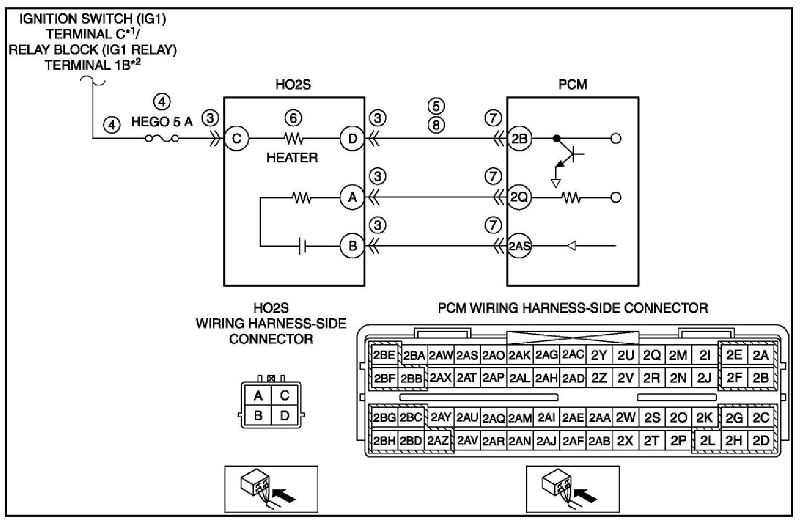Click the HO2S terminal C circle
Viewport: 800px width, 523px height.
pyautogui.click(x=236, y=138)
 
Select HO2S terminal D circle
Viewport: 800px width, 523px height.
pyautogui.click(x=352, y=138)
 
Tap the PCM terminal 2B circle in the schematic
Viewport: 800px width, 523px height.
pyautogui.click(x=520, y=138)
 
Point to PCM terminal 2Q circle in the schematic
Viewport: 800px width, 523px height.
pyautogui.click(x=520, y=197)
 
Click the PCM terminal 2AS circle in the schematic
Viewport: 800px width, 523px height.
pyautogui.click(x=520, y=246)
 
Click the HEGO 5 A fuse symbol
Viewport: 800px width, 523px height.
pyautogui.click(x=162, y=138)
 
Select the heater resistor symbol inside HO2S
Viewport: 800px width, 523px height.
pyautogui.click(x=294, y=138)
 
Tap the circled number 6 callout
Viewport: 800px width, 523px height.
pyautogui.click(x=293, y=118)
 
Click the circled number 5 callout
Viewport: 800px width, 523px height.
pyautogui.click(x=436, y=106)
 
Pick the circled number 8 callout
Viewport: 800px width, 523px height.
pyautogui.click(x=436, y=125)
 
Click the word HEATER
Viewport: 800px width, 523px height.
pyautogui.click(x=292, y=157)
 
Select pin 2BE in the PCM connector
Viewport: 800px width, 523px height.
pyautogui.click(x=384, y=355)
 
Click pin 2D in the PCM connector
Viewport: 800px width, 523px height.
pyautogui.click(x=761, y=441)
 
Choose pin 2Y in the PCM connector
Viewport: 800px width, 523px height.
pyautogui.click(x=599, y=355)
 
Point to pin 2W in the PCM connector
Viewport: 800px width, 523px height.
pyautogui.click(x=626, y=417)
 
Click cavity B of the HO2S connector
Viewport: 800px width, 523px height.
pyautogui.click(x=258, y=415)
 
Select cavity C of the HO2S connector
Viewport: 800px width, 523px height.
pyautogui.click(x=285, y=395)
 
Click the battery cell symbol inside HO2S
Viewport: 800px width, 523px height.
pyautogui.click(x=302, y=246)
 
